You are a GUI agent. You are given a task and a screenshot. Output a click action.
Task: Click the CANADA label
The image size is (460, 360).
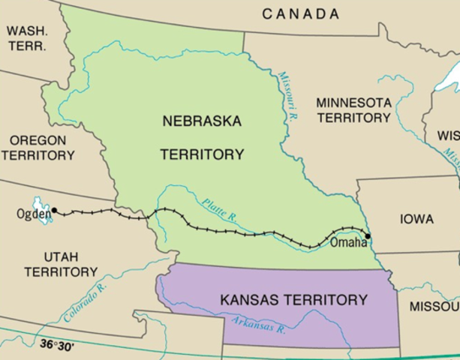[x=300, y=13]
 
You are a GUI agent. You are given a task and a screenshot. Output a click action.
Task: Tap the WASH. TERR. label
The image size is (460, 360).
[x=26, y=37]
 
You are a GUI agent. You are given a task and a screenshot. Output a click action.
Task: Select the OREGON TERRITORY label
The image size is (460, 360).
[x=38, y=148]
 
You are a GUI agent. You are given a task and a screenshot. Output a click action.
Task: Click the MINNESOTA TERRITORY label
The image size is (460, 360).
[x=353, y=109]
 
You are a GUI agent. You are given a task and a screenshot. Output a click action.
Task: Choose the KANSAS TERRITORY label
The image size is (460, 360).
[x=293, y=300]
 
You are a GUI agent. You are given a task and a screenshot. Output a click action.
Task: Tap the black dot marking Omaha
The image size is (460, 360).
[x=368, y=236]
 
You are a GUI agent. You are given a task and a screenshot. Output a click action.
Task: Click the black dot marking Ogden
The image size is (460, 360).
[x=54, y=211]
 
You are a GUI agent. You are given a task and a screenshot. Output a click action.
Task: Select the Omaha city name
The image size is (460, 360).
[x=347, y=243]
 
